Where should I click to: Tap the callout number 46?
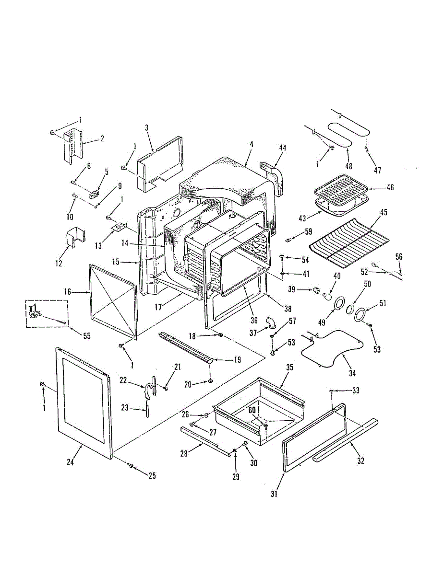coord(390,187)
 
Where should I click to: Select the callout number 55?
coord(87,336)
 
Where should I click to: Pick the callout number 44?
coord(283,148)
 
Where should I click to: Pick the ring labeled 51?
coord(359,315)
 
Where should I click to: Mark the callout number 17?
coord(158,307)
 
